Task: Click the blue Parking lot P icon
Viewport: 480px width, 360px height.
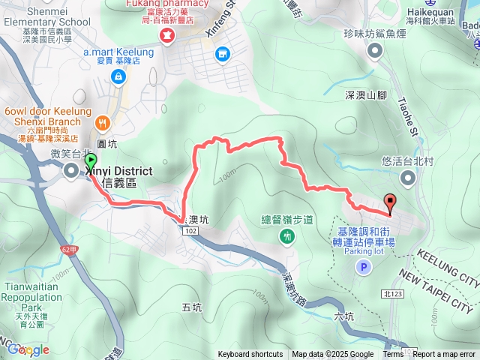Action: pyautogui.click(x=364, y=267)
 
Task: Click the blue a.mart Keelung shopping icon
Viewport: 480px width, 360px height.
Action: pyautogui.click(x=118, y=76)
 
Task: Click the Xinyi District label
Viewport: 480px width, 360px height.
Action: pyautogui.click(x=114, y=172)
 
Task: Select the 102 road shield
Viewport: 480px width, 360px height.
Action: pyautogui.click(x=188, y=232)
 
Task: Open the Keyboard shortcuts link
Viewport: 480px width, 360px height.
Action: pyautogui.click(x=250, y=355)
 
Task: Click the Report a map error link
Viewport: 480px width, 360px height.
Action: pyautogui.click(x=445, y=355)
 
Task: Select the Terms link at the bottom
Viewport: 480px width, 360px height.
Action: pyautogui.click(x=393, y=355)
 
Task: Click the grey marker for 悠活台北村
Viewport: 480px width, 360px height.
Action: pyautogui.click(x=408, y=178)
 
